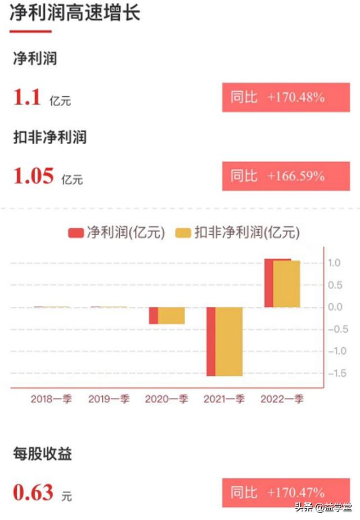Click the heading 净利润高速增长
75,13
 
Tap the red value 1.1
28,98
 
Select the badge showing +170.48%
286,97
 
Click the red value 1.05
34,177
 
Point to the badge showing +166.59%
286,176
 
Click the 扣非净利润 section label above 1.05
50,137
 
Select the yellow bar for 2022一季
286,284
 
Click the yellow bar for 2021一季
229,341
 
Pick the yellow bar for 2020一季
171,316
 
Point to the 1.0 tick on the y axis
335,263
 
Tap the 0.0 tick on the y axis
335,307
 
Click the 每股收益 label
43,454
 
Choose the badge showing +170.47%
286,493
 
